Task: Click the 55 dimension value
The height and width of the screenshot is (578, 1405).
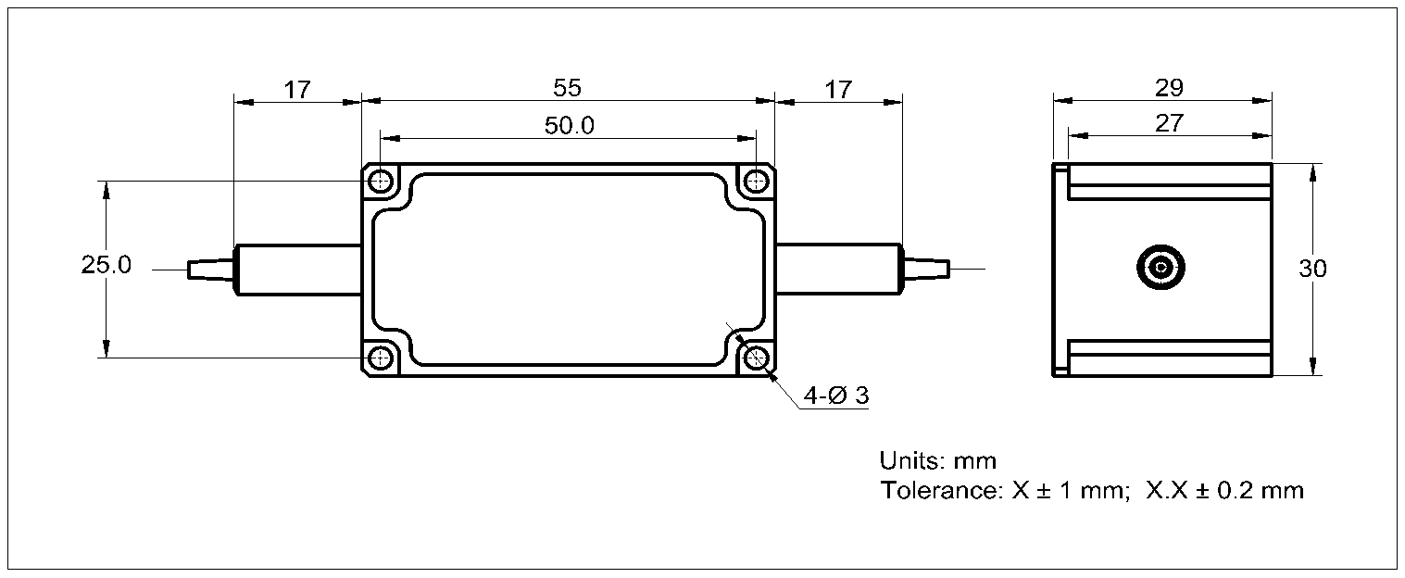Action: click(567, 88)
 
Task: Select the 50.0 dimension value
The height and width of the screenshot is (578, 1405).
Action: click(569, 126)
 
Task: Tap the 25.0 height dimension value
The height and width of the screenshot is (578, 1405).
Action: click(106, 266)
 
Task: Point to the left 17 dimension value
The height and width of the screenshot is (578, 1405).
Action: click(296, 90)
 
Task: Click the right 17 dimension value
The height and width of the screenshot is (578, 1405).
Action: click(837, 90)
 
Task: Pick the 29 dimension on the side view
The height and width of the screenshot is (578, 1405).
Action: click(1170, 88)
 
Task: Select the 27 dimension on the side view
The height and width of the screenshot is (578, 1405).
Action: click(1170, 122)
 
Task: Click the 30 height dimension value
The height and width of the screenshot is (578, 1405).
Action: click(1312, 270)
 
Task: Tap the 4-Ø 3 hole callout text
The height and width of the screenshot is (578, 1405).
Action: click(836, 396)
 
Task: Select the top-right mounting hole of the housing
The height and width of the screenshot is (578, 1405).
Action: click(758, 181)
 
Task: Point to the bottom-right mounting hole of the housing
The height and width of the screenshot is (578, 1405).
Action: click(758, 358)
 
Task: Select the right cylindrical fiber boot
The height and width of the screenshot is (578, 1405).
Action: click(837, 270)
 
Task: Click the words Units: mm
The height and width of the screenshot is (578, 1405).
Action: click(937, 460)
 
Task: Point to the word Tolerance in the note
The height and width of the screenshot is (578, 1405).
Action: click(938, 490)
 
